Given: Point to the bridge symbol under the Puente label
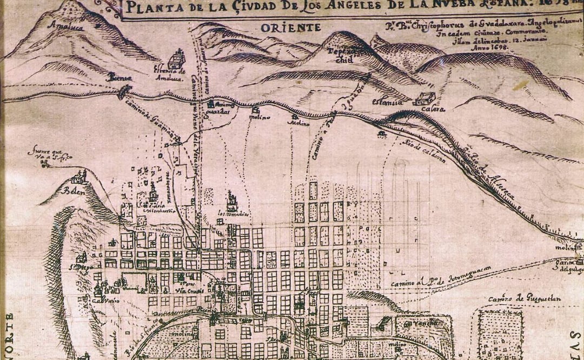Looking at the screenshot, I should point(122,91).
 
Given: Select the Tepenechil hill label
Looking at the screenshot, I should point(344,56).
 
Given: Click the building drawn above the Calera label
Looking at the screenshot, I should point(424,98).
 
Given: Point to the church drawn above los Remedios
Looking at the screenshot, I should point(233,202).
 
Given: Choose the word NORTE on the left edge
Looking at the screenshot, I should point(9,335).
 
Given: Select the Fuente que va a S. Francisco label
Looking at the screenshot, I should point(50,154).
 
